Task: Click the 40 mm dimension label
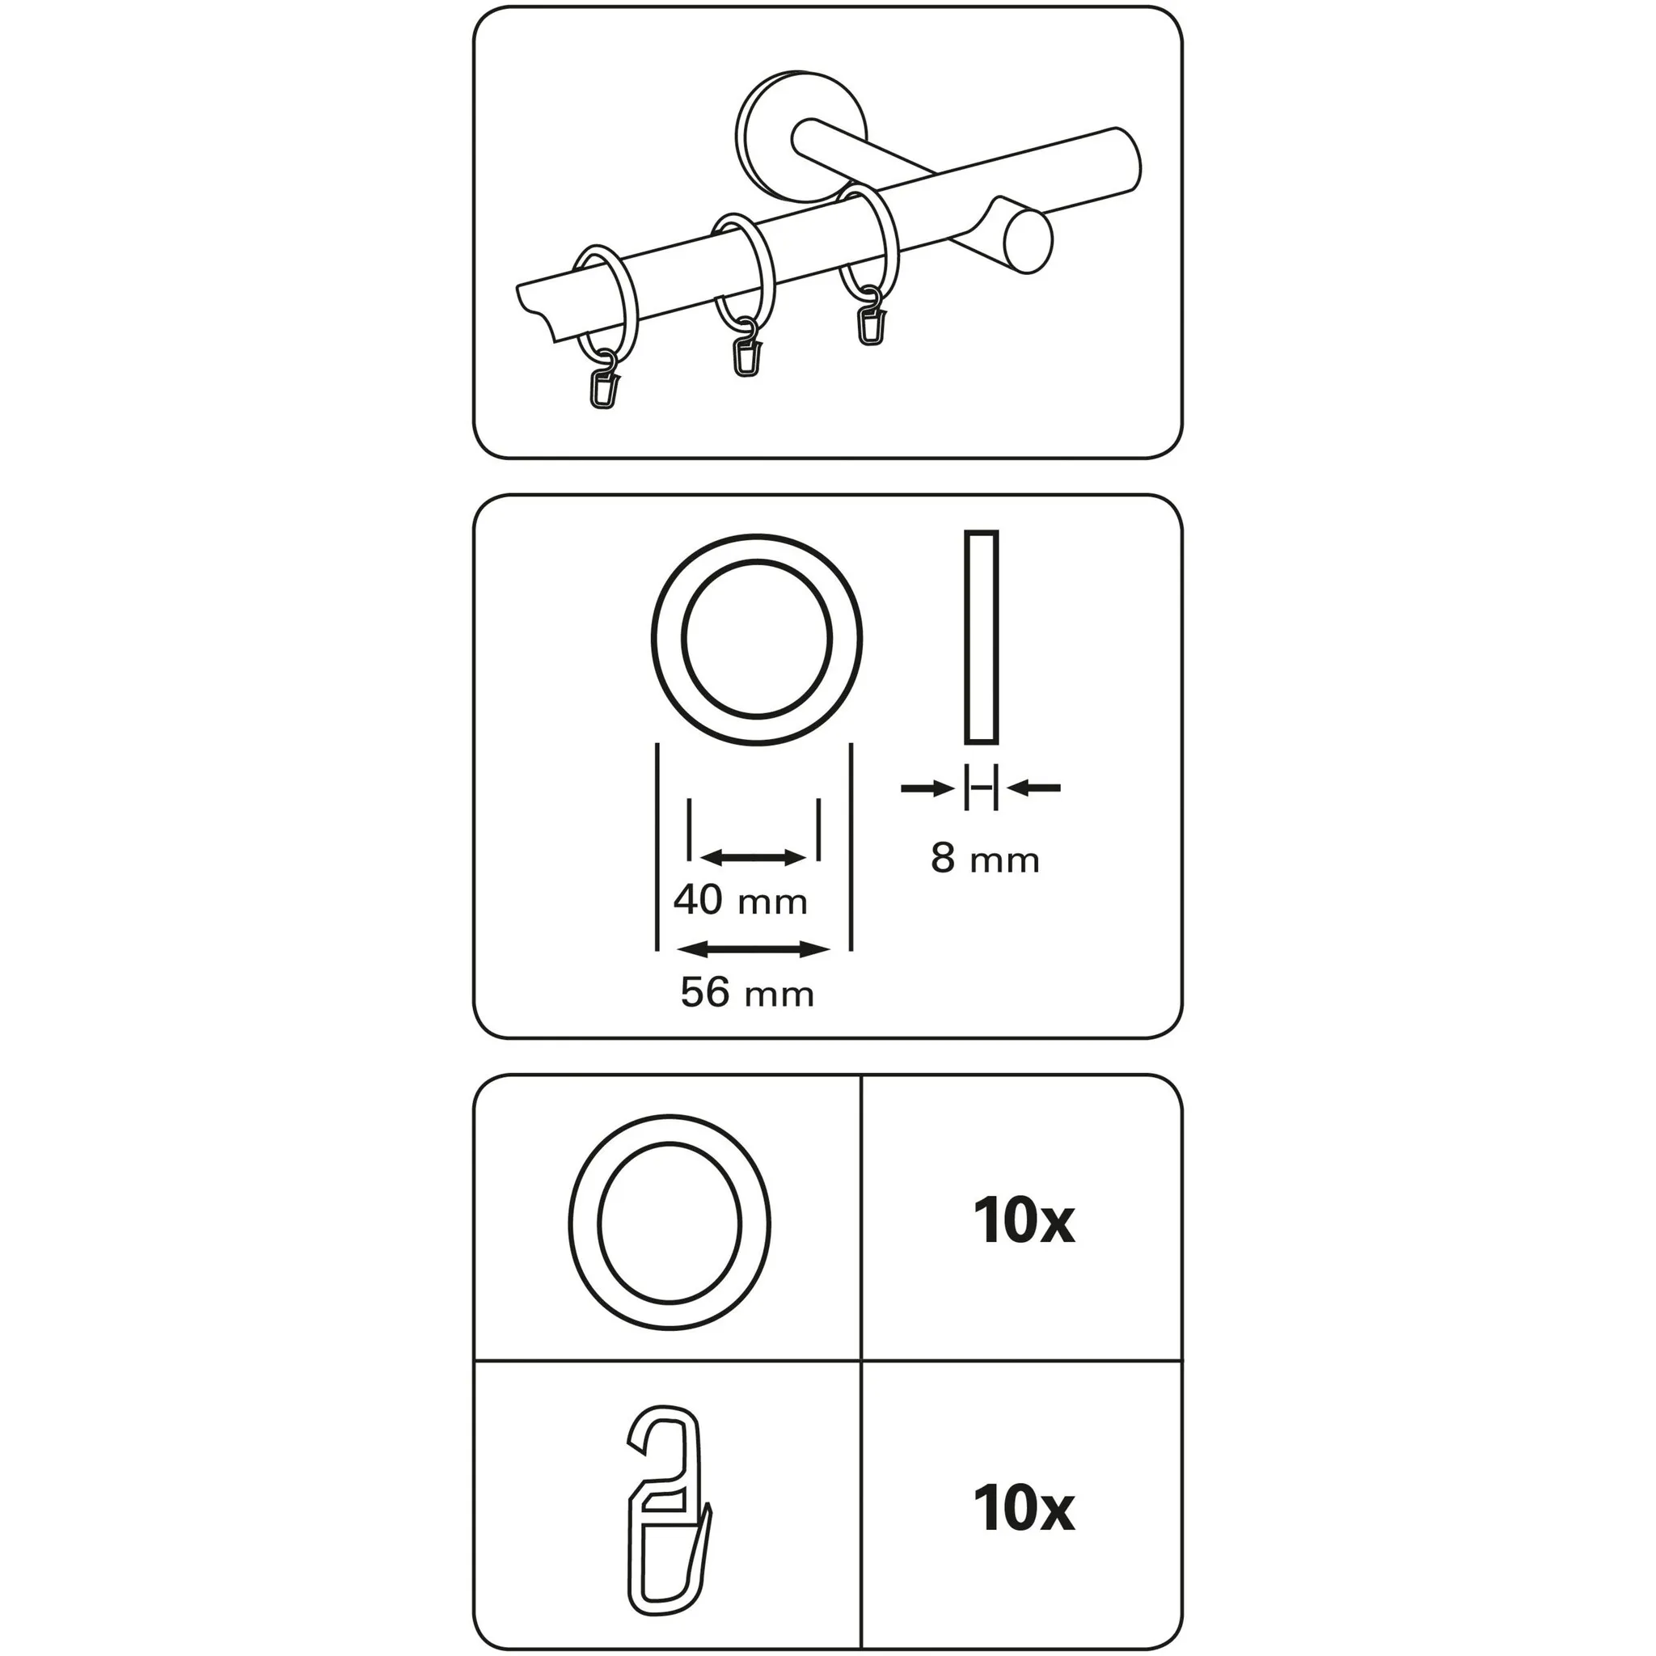click(x=741, y=901)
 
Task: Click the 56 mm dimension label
click(x=747, y=993)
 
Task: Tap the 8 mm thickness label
click(x=986, y=859)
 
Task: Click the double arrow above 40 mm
click(x=754, y=857)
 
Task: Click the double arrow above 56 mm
click(x=754, y=948)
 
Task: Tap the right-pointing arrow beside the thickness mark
click(x=927, y=787)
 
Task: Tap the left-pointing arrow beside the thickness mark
click(x=1034, y=787)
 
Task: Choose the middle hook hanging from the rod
click(x=746, y=348)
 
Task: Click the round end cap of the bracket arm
click(x=1028, y=244)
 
